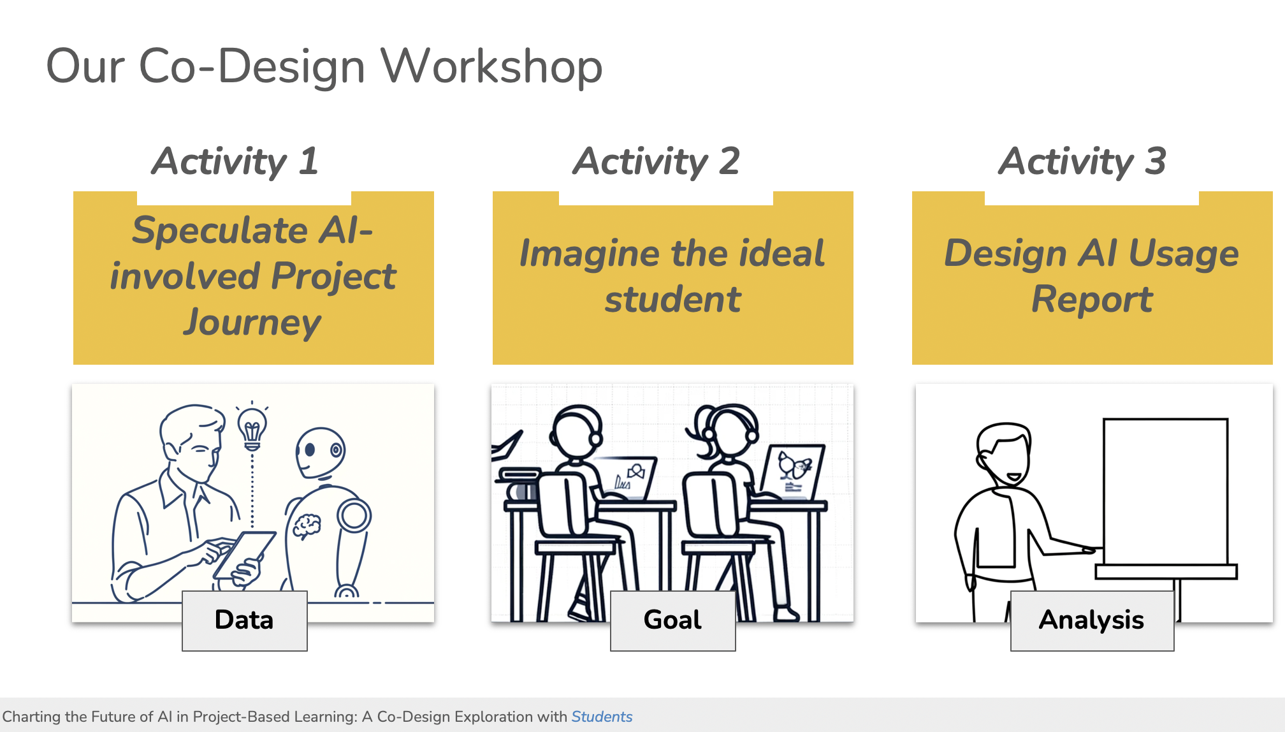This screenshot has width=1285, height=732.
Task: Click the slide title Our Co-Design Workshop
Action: pyautogui.click(x=324, y=66)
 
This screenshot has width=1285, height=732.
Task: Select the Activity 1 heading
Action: pyautogui.click(x=235, y=161)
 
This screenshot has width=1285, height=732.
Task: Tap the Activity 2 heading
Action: pyautogui.click(x=656, y=161)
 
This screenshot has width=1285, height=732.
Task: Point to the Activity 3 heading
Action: pyautogui.click(x=1082, y=161)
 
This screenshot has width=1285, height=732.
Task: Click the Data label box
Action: pyautogui.click(x=245, y=620)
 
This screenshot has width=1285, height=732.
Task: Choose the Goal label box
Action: pyautogui.click(x=673, y=620)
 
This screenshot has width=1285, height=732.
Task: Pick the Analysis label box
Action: pyautogui.click(x=1093, y=620)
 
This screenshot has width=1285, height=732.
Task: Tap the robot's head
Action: pyautogui.click(x=320, y=453)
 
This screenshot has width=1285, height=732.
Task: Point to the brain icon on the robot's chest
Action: pyautogui.click(x=307, y=527)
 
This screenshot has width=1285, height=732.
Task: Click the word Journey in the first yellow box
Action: pyautogui.click(x=252, y=322)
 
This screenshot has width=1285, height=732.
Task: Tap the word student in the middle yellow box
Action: pyautogui.click(x=673, y=299)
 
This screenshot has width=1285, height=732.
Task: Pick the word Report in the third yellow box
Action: pyautogui.click(x=1093, y=299)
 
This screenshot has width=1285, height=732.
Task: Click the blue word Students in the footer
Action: pyautogui.click(x=602, y=717)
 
